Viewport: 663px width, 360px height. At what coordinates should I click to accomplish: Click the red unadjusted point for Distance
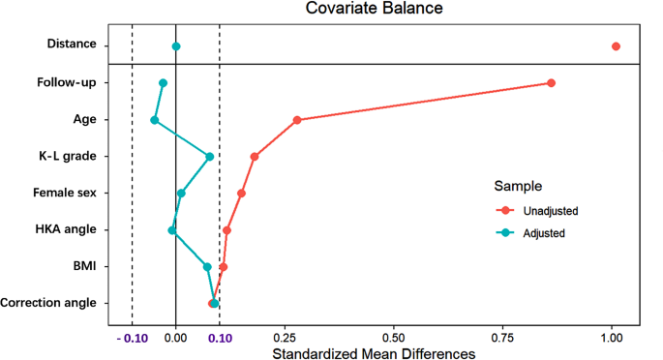(616, 46)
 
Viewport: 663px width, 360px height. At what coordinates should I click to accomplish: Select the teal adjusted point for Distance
(176, 46)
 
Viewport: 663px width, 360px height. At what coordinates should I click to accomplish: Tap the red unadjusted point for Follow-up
(551, 83)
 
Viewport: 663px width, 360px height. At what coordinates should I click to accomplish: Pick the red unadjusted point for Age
(297, 120)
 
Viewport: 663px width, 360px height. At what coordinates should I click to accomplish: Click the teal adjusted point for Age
(155, 120)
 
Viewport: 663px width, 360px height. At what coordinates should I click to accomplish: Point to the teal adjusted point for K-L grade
(209, 157)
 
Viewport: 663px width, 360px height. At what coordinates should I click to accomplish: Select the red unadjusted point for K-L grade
(255, 157)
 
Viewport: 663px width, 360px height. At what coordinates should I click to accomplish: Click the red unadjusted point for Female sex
(241, 194)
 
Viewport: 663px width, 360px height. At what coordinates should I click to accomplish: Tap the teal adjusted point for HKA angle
(172, 230)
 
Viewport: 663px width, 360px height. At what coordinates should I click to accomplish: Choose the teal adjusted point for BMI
(207, 267)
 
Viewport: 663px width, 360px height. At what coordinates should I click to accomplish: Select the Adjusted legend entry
(543, 232)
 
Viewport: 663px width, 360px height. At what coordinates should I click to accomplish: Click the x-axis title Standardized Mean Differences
(374, 353)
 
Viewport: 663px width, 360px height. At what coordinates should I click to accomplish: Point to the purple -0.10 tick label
(133, 338)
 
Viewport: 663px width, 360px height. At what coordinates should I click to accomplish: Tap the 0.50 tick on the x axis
(393, 338)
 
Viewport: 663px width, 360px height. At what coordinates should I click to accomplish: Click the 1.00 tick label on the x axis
(611, 338)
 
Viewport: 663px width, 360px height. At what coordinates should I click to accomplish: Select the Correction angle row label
(48, 303)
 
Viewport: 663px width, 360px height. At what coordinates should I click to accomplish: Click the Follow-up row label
(66, 83)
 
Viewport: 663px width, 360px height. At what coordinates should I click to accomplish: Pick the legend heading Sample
(518, 185)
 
